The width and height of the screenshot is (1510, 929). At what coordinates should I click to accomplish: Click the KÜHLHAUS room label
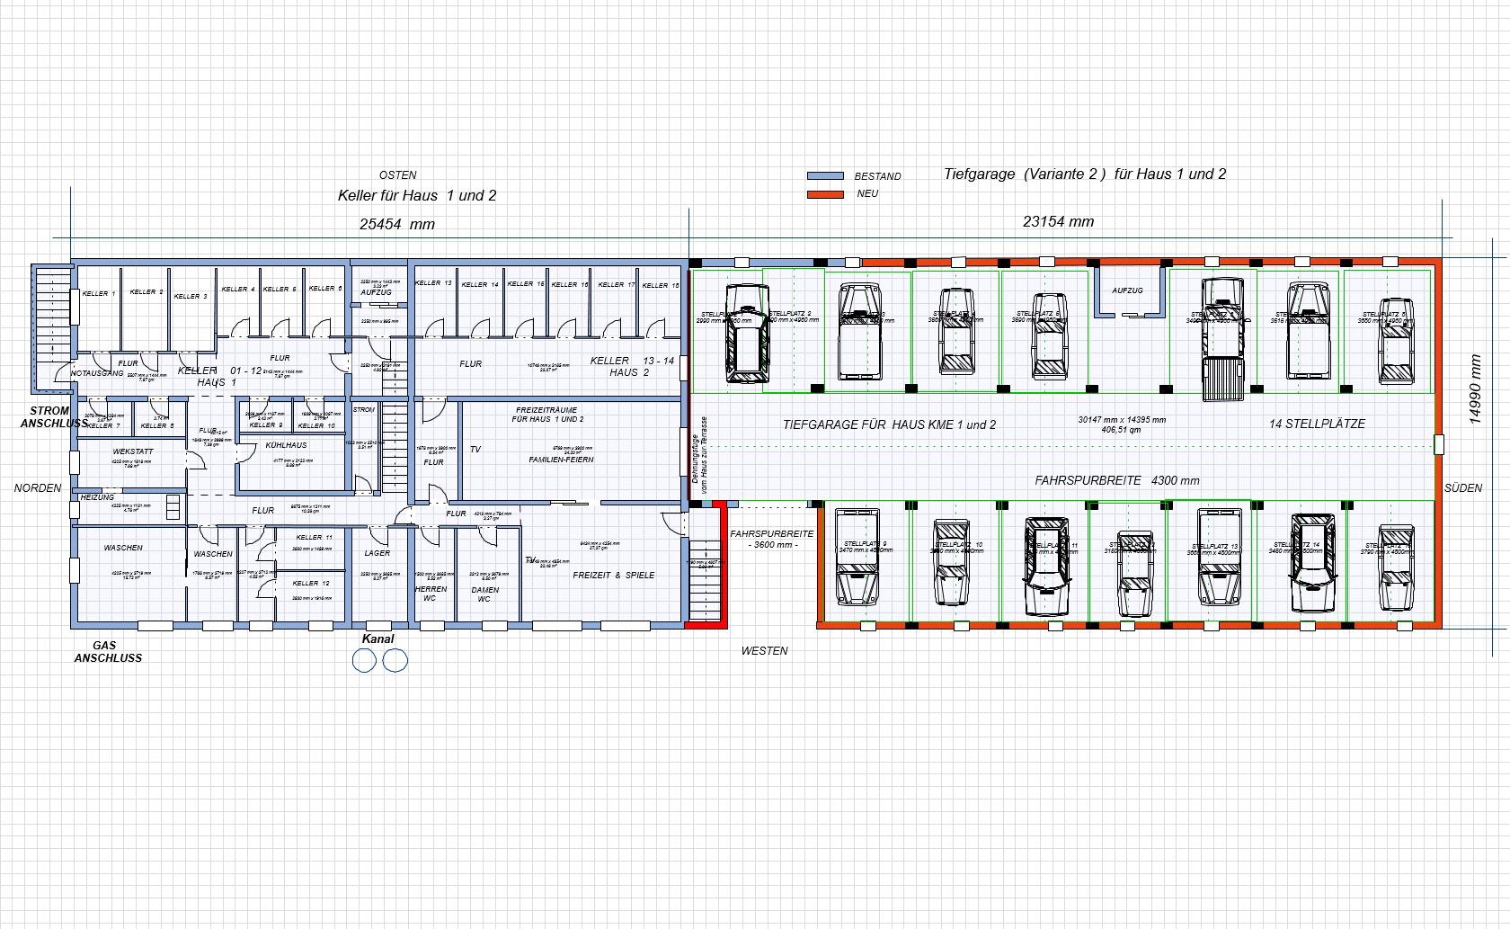point(286,445)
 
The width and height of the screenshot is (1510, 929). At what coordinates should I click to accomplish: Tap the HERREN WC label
point(431,594)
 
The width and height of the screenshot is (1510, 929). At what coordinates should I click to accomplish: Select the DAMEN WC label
point(484,594)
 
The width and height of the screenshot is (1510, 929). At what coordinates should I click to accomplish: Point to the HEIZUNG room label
point(97,497)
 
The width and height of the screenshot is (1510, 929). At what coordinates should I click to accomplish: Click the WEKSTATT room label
point(133,451)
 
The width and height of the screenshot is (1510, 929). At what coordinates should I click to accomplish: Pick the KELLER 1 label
point(98,294)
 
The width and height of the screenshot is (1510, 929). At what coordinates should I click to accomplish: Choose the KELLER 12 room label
point(311,584)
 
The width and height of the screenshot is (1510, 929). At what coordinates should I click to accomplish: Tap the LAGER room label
point(377,553)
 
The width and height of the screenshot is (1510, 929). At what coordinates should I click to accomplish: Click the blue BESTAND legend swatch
point(825,176)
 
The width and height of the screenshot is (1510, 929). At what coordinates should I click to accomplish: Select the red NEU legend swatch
point(825,194)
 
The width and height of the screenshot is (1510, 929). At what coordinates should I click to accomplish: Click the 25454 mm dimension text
point(396,225)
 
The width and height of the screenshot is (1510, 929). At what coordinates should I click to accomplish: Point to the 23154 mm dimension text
point(1058,221)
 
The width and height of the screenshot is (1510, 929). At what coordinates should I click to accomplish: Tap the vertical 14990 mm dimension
point(1475,389)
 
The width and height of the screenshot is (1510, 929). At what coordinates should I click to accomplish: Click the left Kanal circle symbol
point(364,661)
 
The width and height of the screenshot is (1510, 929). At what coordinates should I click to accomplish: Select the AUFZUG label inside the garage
point(1127,290)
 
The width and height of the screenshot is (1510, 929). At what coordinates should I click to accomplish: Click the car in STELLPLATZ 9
point(857,558)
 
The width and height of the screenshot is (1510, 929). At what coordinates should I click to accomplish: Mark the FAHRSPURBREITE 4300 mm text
point(1117,481)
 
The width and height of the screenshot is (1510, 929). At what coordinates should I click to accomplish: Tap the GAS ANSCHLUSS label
point(108,651)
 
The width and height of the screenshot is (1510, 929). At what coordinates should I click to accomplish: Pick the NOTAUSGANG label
point(98,373)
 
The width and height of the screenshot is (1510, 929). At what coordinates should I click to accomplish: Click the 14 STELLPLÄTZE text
point(1317,424)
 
